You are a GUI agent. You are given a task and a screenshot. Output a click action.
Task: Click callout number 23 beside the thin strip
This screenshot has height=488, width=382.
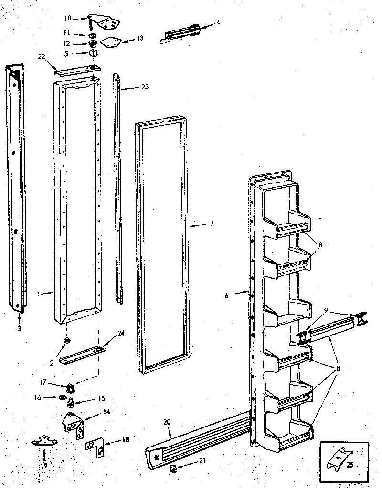tap(145, 87)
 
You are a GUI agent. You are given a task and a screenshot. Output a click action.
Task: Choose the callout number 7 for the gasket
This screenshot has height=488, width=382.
tap(211, 224)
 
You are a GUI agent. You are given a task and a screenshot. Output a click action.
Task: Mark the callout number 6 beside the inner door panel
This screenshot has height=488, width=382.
tap(226, 295)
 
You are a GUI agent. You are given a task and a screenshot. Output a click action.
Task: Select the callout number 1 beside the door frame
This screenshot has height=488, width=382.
tap(38, 295)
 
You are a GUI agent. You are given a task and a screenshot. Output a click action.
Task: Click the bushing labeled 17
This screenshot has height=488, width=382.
tap(71, 386)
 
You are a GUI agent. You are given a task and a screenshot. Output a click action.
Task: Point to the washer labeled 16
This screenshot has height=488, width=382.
tap(63, 396)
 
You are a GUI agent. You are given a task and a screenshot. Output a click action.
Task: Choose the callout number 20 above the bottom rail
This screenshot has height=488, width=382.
tap(166, 421)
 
